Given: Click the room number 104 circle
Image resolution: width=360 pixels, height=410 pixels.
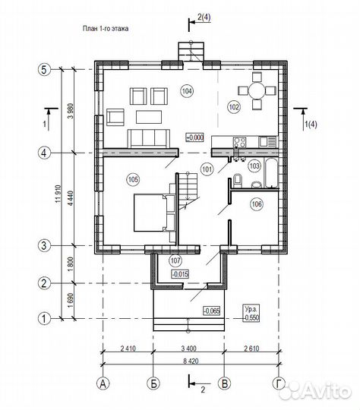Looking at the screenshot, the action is coord(187,91).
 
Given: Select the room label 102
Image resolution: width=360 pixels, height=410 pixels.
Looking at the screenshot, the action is coord(234,107).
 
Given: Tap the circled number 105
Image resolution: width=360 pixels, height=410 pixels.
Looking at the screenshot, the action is coord(133,179).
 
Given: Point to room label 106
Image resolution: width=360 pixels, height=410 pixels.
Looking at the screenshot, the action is coord(257,203).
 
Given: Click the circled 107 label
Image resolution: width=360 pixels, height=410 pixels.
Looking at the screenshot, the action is coord(175,260).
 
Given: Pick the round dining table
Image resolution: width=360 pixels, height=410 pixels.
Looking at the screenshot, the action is coord(257,91).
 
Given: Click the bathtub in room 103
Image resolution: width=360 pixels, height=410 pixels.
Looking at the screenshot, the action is coord(271,173).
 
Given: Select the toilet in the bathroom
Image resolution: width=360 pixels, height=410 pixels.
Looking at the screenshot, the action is coord(238,180).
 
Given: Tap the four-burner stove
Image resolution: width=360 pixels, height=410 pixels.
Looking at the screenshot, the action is coord(240,143).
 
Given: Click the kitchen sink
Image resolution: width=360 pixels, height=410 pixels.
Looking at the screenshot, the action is coord(267,142).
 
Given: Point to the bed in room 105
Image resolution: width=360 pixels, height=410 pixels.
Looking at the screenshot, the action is coord(154,213).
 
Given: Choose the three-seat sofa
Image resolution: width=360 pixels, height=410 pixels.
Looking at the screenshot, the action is coord(148,139).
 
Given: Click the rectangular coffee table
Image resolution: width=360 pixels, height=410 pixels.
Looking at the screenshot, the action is coord(149,117).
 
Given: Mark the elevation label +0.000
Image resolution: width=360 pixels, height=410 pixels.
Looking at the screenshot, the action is coord(194,137).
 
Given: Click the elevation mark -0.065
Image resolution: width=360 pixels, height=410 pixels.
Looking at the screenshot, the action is coord(212,311).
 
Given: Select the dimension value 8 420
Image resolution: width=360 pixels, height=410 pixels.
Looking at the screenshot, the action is coord(191,361).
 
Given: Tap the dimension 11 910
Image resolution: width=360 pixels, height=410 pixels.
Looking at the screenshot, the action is coord(58,194).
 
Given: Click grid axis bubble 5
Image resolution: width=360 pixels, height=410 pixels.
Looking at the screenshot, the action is coord(44,70).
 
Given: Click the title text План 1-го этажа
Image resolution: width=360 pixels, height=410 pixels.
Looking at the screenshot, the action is coord(106,28).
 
